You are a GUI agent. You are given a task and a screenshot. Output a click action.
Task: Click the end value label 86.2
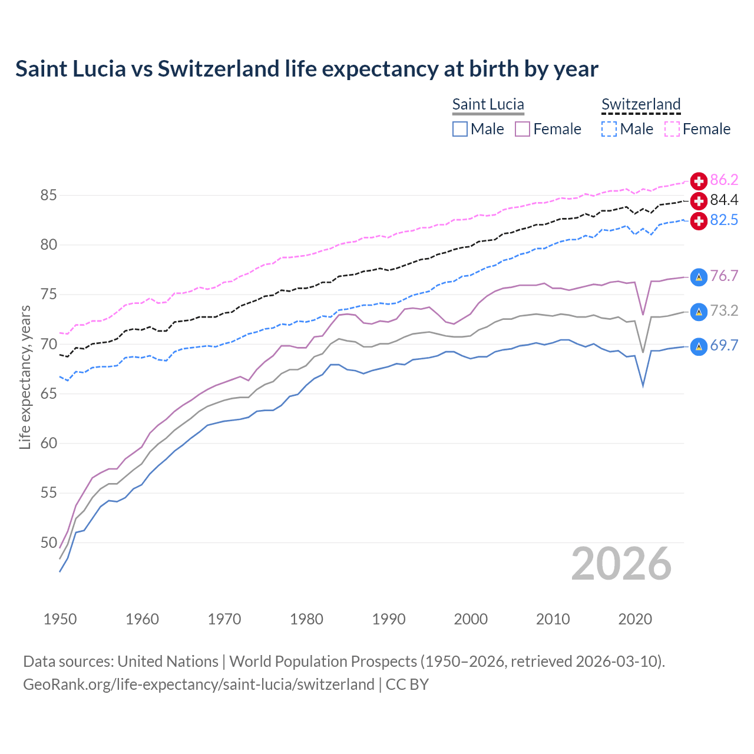point(724,180)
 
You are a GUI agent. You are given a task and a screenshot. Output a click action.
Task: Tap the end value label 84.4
point(724,200)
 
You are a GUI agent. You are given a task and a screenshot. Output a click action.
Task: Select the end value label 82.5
point(724,220)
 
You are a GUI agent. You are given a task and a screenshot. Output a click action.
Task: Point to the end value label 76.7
point(724,276)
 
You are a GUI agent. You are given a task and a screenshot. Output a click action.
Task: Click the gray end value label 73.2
point(724,311)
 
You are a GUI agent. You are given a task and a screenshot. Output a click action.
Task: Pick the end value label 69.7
point(724,346)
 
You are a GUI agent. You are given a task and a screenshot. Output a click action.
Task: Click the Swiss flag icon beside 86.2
point(699,181)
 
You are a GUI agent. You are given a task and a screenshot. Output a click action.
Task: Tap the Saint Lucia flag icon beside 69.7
point(699,346)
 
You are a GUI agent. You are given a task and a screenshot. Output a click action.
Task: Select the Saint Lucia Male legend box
point(460,129)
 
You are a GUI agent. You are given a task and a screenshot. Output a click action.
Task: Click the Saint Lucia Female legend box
point(522,129)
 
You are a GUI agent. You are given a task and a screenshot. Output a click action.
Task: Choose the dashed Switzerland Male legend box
point(609,129)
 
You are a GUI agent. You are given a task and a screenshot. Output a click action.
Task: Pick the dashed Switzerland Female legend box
point(672,129)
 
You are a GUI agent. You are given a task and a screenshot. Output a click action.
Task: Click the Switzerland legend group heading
point(641,104)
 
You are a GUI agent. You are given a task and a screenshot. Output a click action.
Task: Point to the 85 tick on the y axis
point(49,195)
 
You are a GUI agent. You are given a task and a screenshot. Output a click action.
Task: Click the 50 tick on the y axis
point(49,543)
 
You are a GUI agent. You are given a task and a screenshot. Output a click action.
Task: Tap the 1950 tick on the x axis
point(60,619)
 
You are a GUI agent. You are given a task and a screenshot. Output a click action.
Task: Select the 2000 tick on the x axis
point(471,619)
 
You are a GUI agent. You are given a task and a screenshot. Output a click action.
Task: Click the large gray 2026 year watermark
point(621,564)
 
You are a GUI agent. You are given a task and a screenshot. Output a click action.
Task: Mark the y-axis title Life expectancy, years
point(25,378)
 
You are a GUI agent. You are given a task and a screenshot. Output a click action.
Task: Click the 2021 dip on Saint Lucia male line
point(643,386)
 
